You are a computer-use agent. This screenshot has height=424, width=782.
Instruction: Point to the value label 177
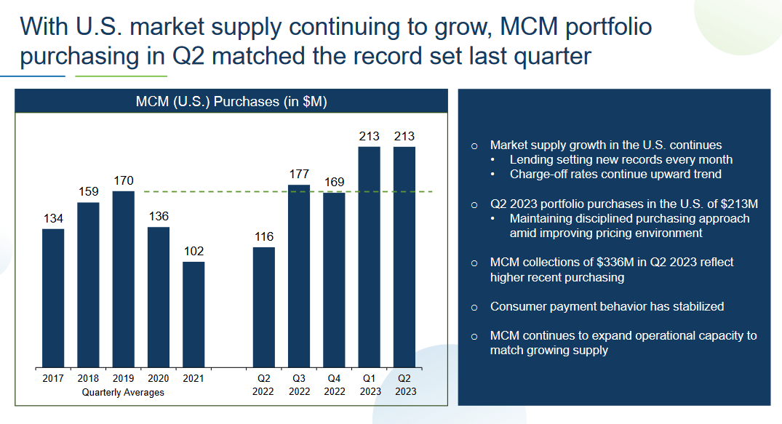click(x=299, y=175)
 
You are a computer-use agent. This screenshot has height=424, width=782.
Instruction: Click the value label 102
click(x=193, y=252)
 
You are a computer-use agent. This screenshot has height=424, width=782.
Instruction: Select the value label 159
click(x=88, y=192)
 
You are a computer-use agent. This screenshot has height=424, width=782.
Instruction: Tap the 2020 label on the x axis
click(x=159, y=378)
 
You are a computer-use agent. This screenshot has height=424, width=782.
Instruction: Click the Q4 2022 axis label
click(x=335, y=385)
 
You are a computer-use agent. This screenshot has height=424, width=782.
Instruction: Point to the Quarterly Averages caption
click(x=123, y=392)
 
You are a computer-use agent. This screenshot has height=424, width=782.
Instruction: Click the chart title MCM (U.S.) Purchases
click(x=231, y=102)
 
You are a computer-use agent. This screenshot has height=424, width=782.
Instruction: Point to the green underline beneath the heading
click(x=121, y=76)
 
